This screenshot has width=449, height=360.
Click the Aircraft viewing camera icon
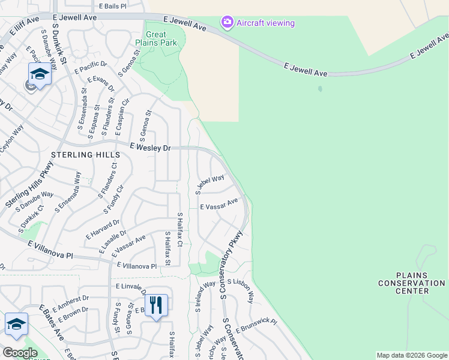coord(227,23)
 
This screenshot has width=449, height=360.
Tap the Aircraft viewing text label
coord(265,23)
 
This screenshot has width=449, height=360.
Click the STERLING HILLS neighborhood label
coord(81,155)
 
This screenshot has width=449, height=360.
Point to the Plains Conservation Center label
coord(412,287)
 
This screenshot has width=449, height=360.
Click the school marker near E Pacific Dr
coord(40,74)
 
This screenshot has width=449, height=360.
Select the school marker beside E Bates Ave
coord(16,324)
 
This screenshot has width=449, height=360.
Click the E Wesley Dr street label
coord(151,147)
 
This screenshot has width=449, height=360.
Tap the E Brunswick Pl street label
coord(256,326)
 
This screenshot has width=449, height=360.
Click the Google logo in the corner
coord(20,353)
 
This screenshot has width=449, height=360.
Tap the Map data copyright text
coord(412,355)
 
